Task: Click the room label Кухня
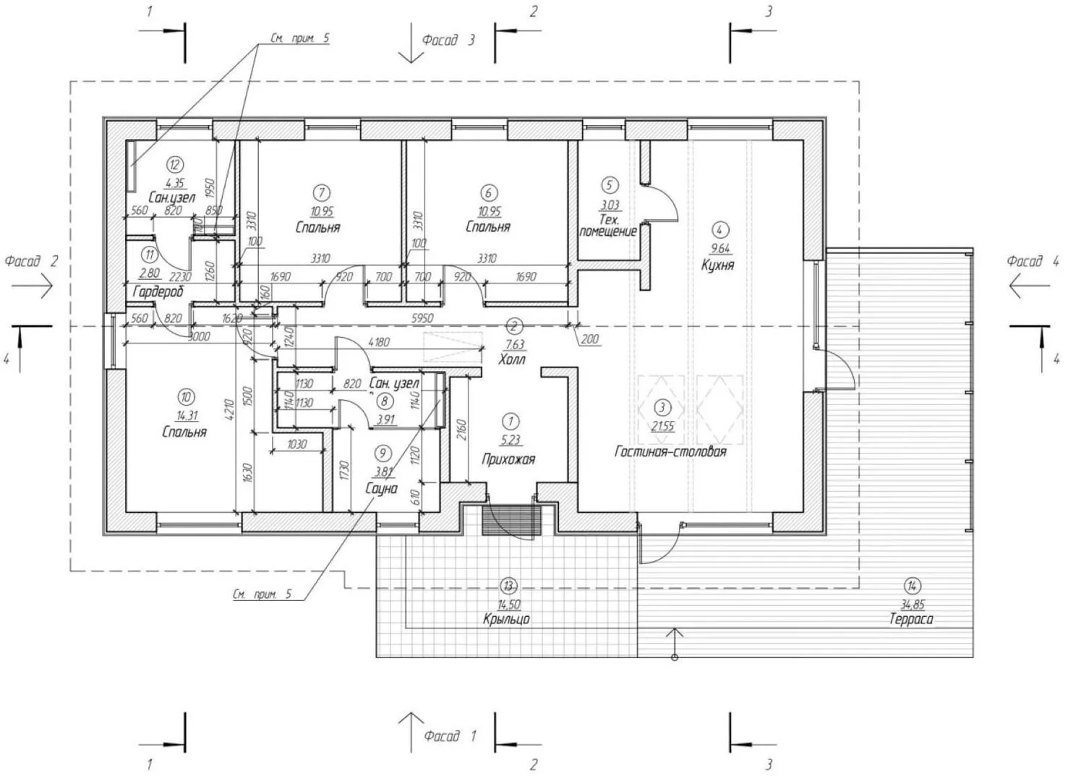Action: (x=717, y=265)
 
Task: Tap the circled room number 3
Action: (x=661, y=408)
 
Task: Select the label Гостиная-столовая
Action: (x=670, y=451)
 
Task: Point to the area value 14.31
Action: (x=186, y=415)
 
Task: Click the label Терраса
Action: (x=911, y=619)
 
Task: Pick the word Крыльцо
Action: (x=506, y=619)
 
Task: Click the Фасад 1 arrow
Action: (x=411, y=730)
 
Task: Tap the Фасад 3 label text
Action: (x=448, y=40)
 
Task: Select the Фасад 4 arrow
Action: (x=1028, y=287)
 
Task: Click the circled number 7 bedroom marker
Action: (x=321, y=192)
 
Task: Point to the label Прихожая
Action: (x=508, y=458)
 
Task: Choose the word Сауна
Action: (x=381, y=488)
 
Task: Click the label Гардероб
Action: (x=158, y=291)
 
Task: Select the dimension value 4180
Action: (x=379, y=342)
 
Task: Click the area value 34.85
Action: (x=913, y=604)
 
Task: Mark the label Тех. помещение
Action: (x=608, y=225)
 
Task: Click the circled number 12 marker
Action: (x=174, y=165)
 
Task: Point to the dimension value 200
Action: (x=590, y=338)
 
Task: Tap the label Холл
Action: (x=512, y=359)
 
